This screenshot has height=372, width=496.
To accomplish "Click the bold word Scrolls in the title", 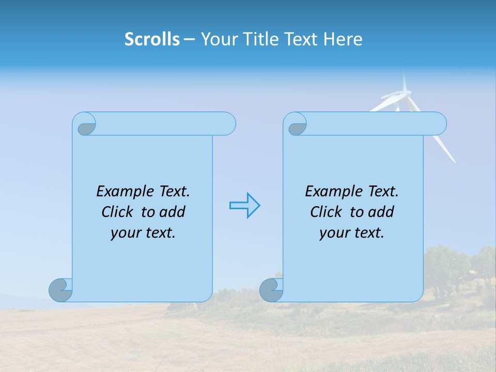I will (152, 39).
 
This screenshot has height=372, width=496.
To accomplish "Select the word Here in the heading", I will (343, 39).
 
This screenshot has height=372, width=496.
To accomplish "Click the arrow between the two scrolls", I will (244, 206).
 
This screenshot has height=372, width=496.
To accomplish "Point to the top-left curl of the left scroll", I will (86, 126).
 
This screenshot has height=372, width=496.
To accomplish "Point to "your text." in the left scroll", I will (143, 233).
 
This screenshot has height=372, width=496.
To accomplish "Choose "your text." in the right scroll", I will (352, 233).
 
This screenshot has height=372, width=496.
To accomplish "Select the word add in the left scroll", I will (173, 212).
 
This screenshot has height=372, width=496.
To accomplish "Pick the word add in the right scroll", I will (381, 212).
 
